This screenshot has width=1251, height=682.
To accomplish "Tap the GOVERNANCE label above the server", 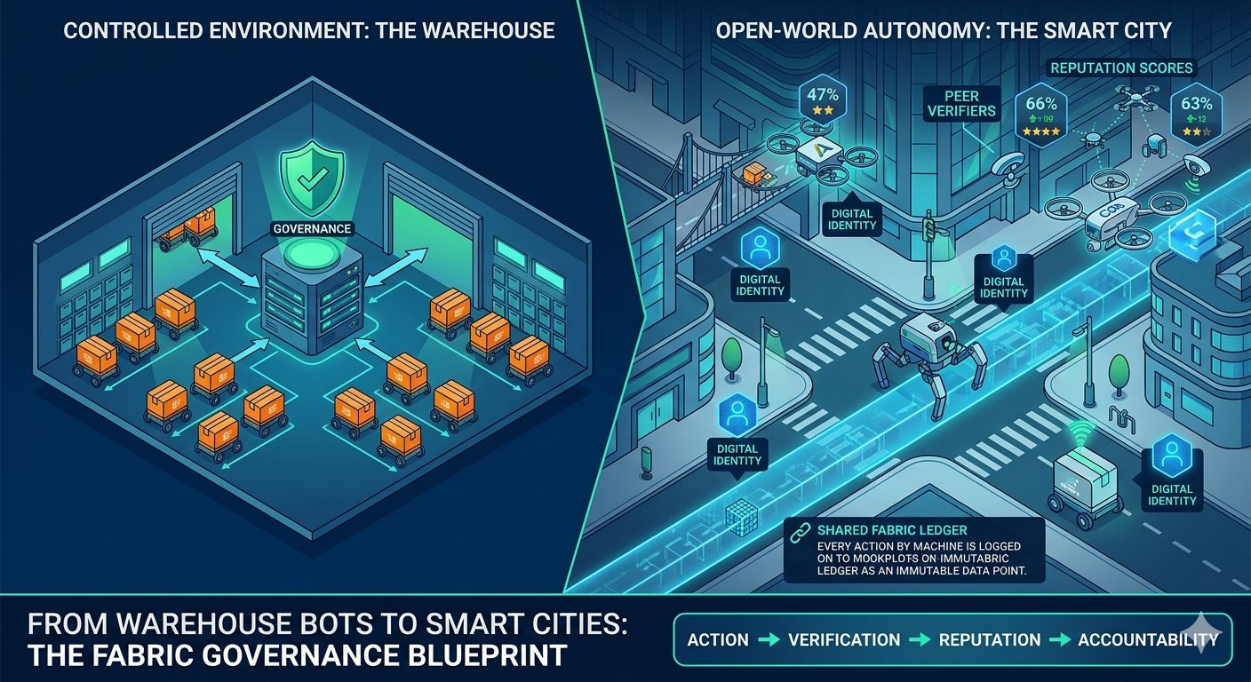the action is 312,228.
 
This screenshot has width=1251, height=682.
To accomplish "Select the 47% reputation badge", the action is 822,99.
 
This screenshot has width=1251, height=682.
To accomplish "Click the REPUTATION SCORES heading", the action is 1121,67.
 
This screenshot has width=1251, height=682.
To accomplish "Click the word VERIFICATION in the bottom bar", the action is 844,639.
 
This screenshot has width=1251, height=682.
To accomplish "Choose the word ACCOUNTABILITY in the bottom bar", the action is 1147,639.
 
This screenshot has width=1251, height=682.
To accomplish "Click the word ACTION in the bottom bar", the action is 718,639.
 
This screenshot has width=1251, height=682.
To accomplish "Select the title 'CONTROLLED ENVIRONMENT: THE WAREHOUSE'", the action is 309,31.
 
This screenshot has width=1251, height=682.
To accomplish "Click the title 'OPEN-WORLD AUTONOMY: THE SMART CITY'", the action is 943,31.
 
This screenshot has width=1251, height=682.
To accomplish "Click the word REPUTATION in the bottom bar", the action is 989,639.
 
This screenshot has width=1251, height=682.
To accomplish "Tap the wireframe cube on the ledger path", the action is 740,518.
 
